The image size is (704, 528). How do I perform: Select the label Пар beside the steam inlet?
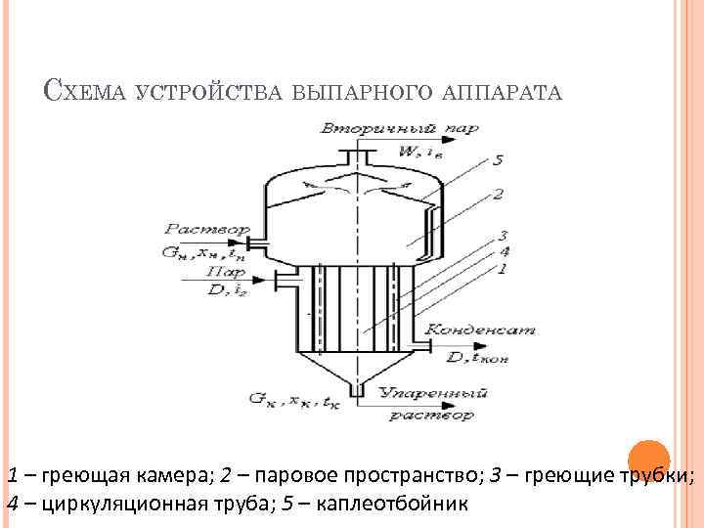225,274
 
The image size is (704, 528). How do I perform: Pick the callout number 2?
499,195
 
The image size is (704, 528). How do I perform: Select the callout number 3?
505,235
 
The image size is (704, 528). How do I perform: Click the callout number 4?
505,250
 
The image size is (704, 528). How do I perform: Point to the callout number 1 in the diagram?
505,267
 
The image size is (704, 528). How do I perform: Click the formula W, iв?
421,150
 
